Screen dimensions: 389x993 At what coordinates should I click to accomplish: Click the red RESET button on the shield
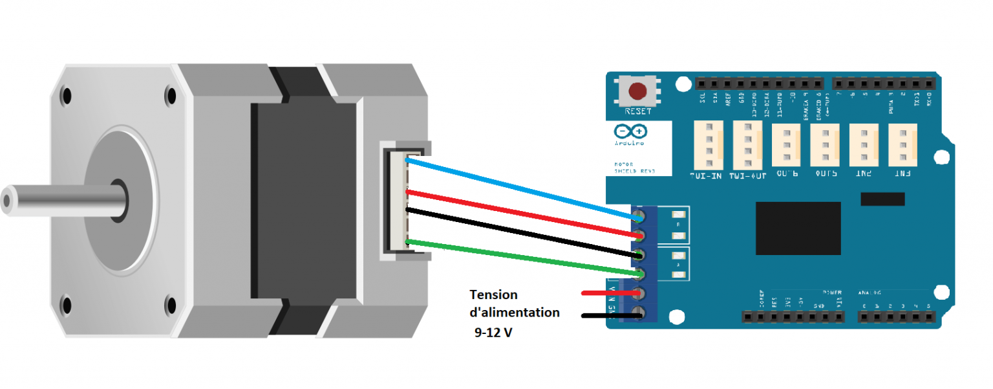639,91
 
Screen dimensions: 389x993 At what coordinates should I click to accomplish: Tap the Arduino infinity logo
630,131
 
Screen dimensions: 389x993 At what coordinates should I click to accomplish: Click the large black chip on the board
798,228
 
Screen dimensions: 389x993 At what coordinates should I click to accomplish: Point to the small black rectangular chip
882,199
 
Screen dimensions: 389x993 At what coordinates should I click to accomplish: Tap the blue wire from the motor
517,188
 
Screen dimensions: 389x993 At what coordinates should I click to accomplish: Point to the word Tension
493,295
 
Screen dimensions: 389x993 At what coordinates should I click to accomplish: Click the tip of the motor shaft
8,201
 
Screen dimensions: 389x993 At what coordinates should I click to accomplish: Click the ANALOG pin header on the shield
896,317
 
